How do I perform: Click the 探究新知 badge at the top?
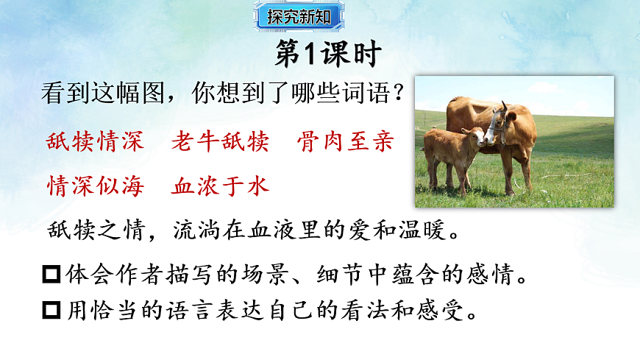(x=299, y=16)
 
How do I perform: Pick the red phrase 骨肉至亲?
(x=345, y=142)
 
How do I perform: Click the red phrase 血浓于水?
(x=220, y=185)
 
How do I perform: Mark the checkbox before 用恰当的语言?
(x=53, y=310)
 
